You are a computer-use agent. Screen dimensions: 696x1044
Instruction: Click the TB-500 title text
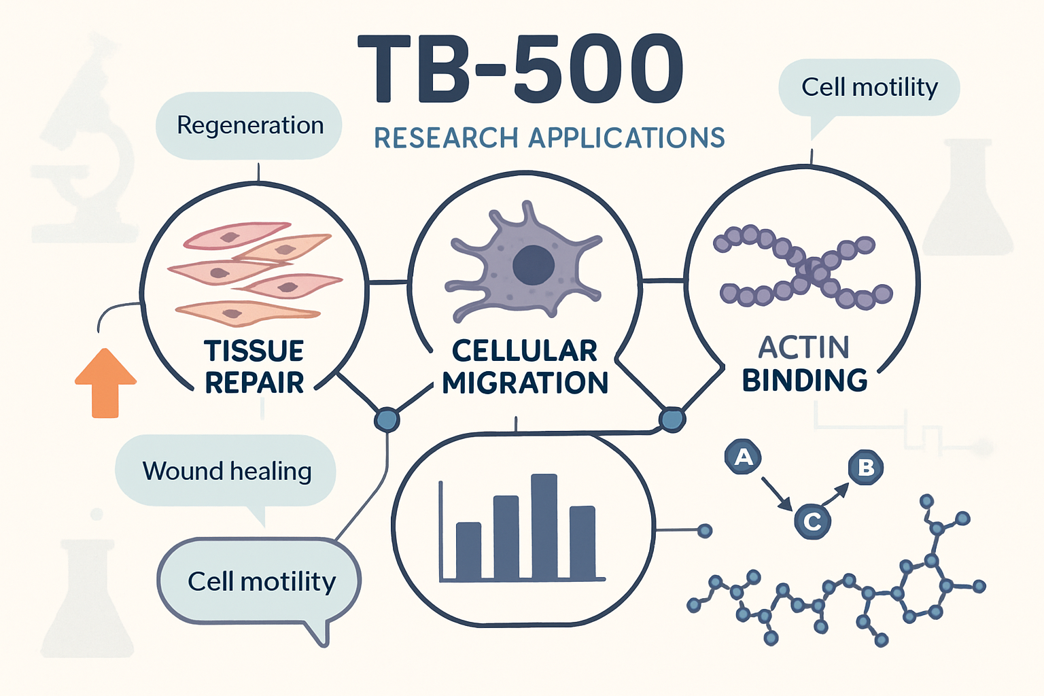tap(520, 69)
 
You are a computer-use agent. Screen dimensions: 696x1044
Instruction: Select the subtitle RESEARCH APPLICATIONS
tap(549, 138)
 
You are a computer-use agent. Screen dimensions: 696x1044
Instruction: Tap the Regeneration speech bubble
tap(249, 126)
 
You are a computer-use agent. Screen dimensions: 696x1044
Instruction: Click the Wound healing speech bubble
tap(226, 471)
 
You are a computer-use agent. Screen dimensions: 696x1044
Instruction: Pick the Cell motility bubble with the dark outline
tap(260, 582)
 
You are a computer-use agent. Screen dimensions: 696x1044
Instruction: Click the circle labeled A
tap(743, 457)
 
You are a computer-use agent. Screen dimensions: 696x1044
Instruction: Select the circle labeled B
tap(866, 468)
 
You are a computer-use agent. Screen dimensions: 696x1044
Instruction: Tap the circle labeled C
tap(812, 522)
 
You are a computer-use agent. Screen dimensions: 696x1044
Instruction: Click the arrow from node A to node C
tap(777, 493)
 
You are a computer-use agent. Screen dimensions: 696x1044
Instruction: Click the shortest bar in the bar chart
tap(468, 551)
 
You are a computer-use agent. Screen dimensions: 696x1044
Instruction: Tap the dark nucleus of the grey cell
tap(534, 265)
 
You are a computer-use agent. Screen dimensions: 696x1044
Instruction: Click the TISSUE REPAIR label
tap(254, 367)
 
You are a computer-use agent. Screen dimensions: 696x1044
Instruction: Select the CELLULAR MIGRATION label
tap(525, 367)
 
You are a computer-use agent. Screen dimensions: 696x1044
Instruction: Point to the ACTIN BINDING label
tap(805, 364)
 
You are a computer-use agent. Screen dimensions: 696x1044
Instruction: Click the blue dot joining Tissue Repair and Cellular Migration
tap(387, 419)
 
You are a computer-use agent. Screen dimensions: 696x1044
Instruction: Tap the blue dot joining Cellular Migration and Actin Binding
tap(672, 419)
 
